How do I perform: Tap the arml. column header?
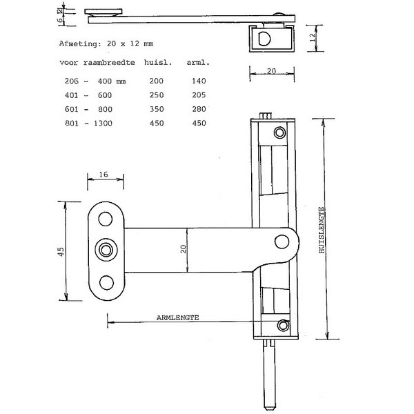(198, 63)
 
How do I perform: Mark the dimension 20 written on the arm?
(183, 249)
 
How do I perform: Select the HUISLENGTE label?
(322, 231)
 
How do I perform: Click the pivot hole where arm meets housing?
(282, 241)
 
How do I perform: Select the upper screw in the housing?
(279, 132)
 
